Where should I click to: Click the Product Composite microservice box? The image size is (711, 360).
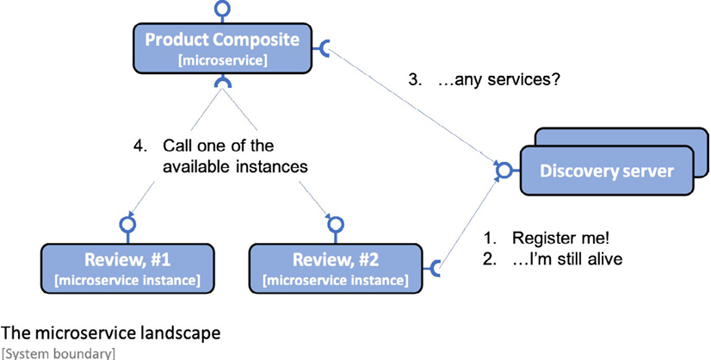(x=222, y=48)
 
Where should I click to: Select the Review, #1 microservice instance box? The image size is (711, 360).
(x=127, y=269)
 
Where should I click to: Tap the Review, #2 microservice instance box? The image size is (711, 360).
(x=336, y=269)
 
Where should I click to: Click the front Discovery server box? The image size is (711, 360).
(x=607, y=171)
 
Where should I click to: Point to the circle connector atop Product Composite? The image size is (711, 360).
(x=222, y=8)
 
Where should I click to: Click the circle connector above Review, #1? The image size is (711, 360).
(x=127, y=224)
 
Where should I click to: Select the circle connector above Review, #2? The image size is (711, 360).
(x=336, y=224)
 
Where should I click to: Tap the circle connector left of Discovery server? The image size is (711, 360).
(x=503, y=171)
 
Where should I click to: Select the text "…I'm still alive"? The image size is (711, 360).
(x=566, y=258)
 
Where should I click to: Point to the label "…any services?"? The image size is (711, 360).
(x=498, y=80)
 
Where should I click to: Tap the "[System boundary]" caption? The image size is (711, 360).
(x=58, y=353)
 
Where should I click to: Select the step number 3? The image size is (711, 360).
(x=412, y=80)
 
